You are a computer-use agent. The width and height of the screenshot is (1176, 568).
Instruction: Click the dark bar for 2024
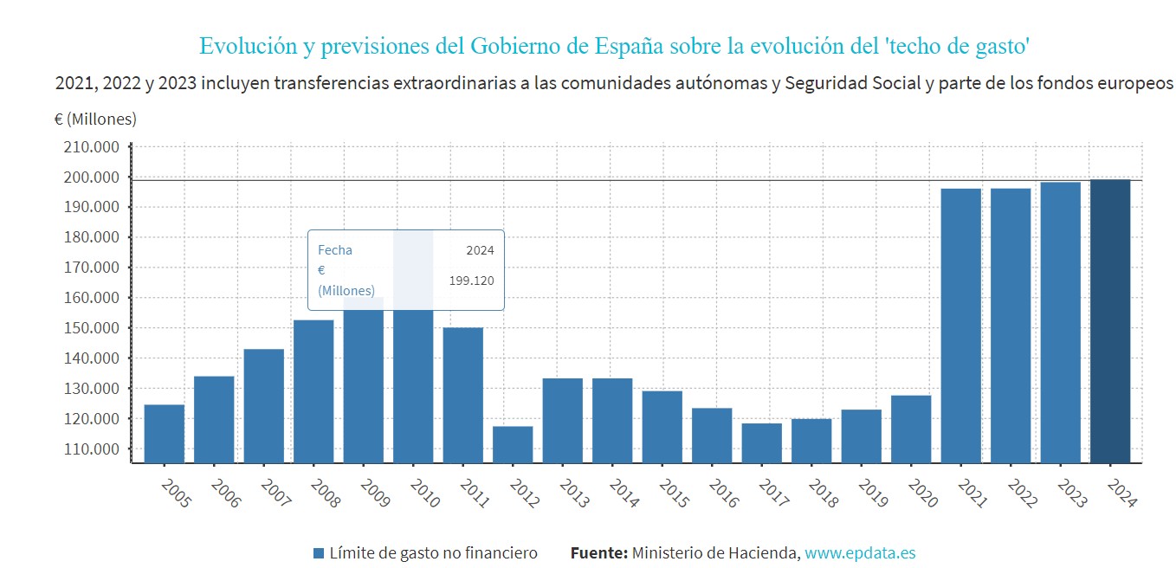[x=1110, y=320]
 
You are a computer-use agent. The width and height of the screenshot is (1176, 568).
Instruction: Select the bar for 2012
[x=513, y=444]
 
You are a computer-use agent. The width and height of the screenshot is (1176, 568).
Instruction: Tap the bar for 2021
[x=960, y=325]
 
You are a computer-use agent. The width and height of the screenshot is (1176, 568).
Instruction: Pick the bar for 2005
[x=164, y=433]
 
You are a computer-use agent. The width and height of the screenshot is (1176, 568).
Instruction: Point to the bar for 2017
[x=762, y=442]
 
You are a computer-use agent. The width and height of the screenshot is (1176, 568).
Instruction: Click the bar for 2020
[x=911, y=429]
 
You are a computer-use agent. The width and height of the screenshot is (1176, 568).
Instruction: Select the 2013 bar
[x=562, y=420]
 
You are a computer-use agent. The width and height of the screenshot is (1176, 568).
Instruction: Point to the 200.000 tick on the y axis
[x=91, y=177]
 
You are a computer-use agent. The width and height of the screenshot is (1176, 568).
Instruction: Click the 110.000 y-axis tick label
[x=91, y=449]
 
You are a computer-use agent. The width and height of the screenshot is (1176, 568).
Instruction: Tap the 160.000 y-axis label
[x=91, y=298]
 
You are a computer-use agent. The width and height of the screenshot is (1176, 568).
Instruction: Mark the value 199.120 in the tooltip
[x=471, y=281]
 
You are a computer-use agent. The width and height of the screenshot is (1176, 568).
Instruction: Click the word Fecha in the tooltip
[x=335, y=250]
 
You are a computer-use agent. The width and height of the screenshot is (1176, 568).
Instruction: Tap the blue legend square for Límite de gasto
[x=319, y=553]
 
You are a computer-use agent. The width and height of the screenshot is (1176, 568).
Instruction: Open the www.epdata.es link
[x=860, y=553]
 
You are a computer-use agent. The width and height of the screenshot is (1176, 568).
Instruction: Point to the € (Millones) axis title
[x=95, y=119]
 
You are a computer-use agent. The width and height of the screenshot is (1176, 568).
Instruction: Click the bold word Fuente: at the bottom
[x=598, y=553]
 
